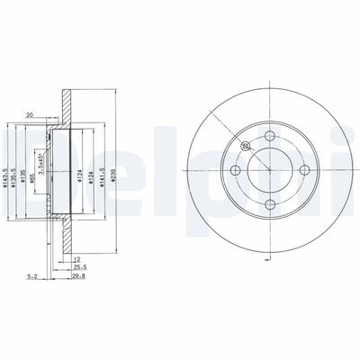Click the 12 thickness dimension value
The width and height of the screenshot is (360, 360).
click(79, 257)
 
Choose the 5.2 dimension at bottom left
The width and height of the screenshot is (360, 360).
click(33, 278)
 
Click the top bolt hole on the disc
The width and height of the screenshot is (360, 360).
click(270, 136)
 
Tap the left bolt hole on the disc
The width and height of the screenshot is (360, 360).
click(235, 171)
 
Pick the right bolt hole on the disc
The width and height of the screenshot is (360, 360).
click(304, 171)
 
